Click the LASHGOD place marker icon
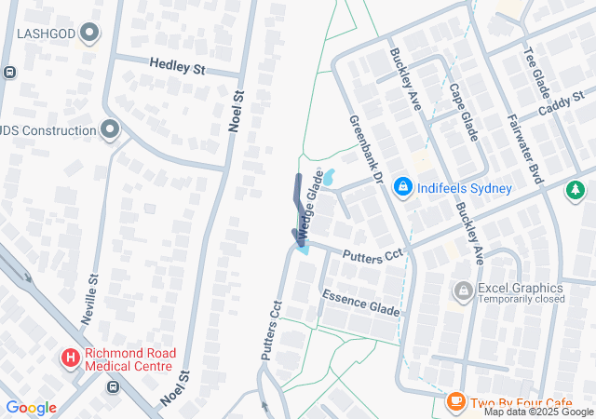click(x=90, y=34)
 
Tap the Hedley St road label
click(x=179, y=66)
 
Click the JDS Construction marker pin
click(x=111, y=131)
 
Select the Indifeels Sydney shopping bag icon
click(x=402, y=187)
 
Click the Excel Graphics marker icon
click(x=463, y=292)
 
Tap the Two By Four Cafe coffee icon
click(x=455, y=401)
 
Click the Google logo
click(x=31, y=408)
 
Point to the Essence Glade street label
click(x=360, y=304)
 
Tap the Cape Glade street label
click(x=463, y=112)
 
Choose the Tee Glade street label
click(x=537, y=75)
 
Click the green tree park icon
click(x=576, y=190)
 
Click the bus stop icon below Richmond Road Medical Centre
click(x=114, y=386)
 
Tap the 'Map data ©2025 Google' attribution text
click(x=538, y=412)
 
